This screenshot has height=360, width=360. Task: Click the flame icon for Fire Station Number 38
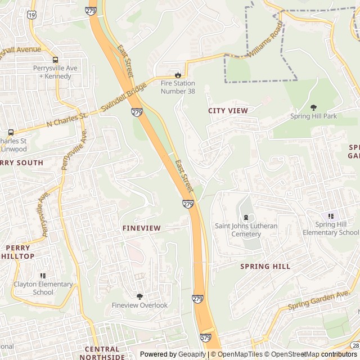[x=178, y=74]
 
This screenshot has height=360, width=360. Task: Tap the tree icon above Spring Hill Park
[x=313, y=107]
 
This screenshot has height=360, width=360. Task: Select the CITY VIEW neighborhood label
[x=228, y=111]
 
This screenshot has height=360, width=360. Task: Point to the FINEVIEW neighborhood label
[x=142, y=228]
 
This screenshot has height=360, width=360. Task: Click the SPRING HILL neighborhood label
[x=265, y=266]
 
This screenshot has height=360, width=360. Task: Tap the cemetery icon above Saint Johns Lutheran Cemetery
[x=246, y=217]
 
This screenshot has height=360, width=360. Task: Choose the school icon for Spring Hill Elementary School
[x=331, y=216]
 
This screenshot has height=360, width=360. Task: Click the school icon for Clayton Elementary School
[x=43, y=276]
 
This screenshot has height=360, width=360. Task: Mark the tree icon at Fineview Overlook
[x=139, y=296]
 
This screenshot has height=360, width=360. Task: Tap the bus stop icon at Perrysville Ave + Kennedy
[x=55, y=60]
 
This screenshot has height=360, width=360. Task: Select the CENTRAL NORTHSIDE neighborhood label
[x=102, y=353]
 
